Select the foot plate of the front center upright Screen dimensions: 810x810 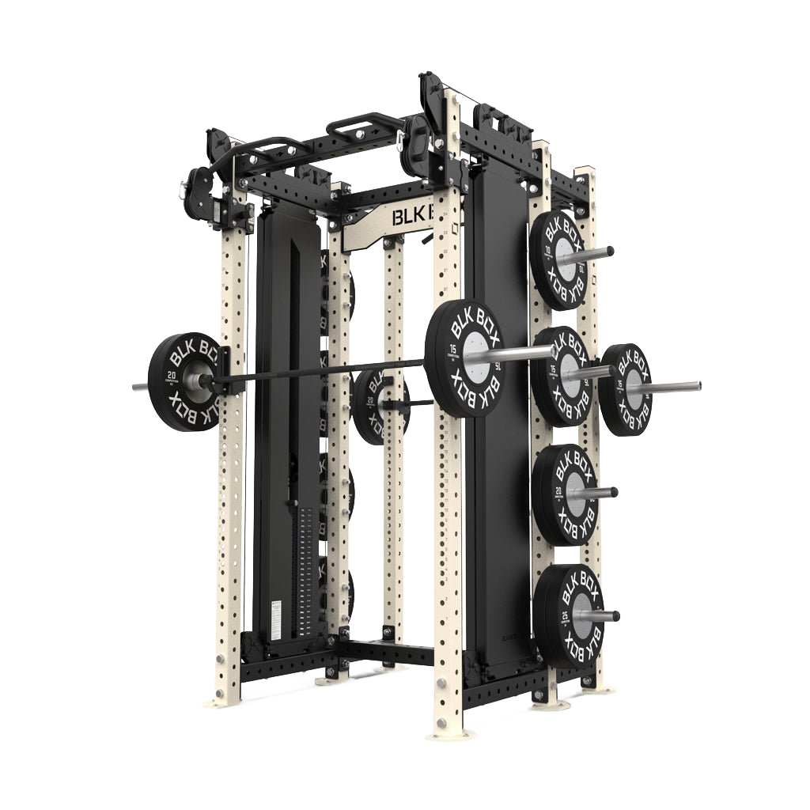(452, 734)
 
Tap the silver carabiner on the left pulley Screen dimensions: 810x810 (184, 191)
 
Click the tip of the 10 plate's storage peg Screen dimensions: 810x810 (610, 252)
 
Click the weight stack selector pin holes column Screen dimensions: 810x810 (305, 570)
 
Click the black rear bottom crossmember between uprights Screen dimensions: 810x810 (388, 652)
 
